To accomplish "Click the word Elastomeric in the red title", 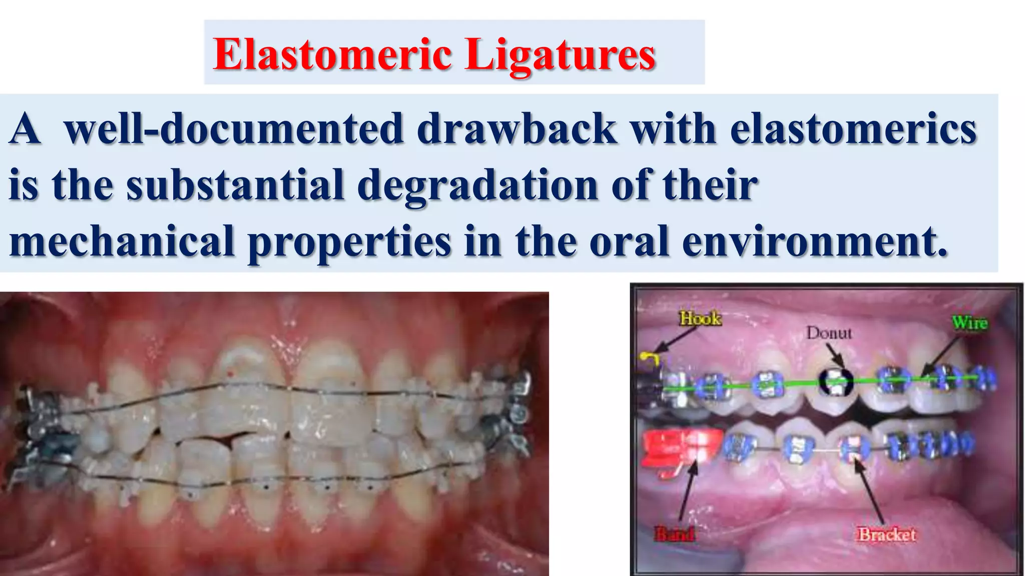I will pos(332,55).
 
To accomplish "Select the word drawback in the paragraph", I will pos(517,129).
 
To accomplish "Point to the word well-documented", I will pos(234,129).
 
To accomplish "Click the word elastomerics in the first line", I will pos(853,129).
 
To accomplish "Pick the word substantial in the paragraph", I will pos(235,185).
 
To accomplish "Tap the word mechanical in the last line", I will pos(122,241).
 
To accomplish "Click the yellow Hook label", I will pos(700,318).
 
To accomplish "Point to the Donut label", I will pos(829,332).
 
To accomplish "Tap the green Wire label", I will pos(969,322).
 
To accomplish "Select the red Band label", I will pos(675,534).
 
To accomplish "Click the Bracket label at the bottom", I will pos(887,534).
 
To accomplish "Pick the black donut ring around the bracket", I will pos(835,382).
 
